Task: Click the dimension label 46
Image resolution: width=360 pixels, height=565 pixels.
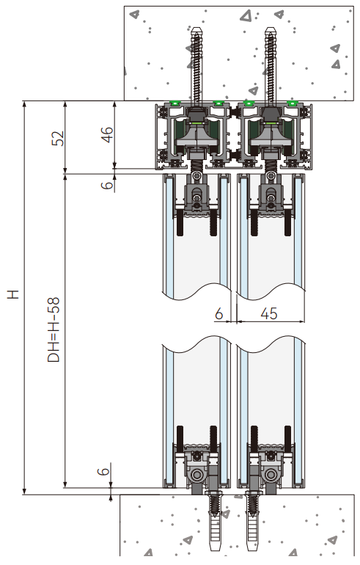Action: tap(108, 134)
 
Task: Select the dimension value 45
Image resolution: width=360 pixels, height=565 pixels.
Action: tap(268, 313)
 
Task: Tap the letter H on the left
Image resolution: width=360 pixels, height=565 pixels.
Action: tap(12, 294)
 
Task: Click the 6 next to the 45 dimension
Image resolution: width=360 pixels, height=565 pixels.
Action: tap(218, 313)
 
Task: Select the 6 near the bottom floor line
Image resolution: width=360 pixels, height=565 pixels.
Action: tap(104, 473)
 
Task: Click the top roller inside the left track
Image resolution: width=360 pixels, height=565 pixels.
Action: tap(198, 136)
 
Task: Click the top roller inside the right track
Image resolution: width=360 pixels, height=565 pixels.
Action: tap(269, 136)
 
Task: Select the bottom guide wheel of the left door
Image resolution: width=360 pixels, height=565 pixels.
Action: tap(198, 476)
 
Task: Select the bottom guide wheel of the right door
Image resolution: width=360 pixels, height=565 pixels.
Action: tap(270, 476)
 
